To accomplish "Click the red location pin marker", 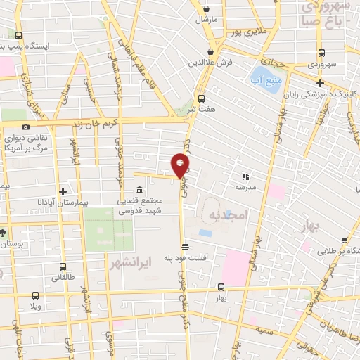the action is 181,165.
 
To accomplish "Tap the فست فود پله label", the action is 186,257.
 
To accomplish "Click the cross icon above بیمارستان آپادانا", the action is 63,191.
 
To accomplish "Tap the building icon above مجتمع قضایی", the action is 139,191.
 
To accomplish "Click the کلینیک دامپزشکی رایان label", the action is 319,95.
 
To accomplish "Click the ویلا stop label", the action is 34,307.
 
